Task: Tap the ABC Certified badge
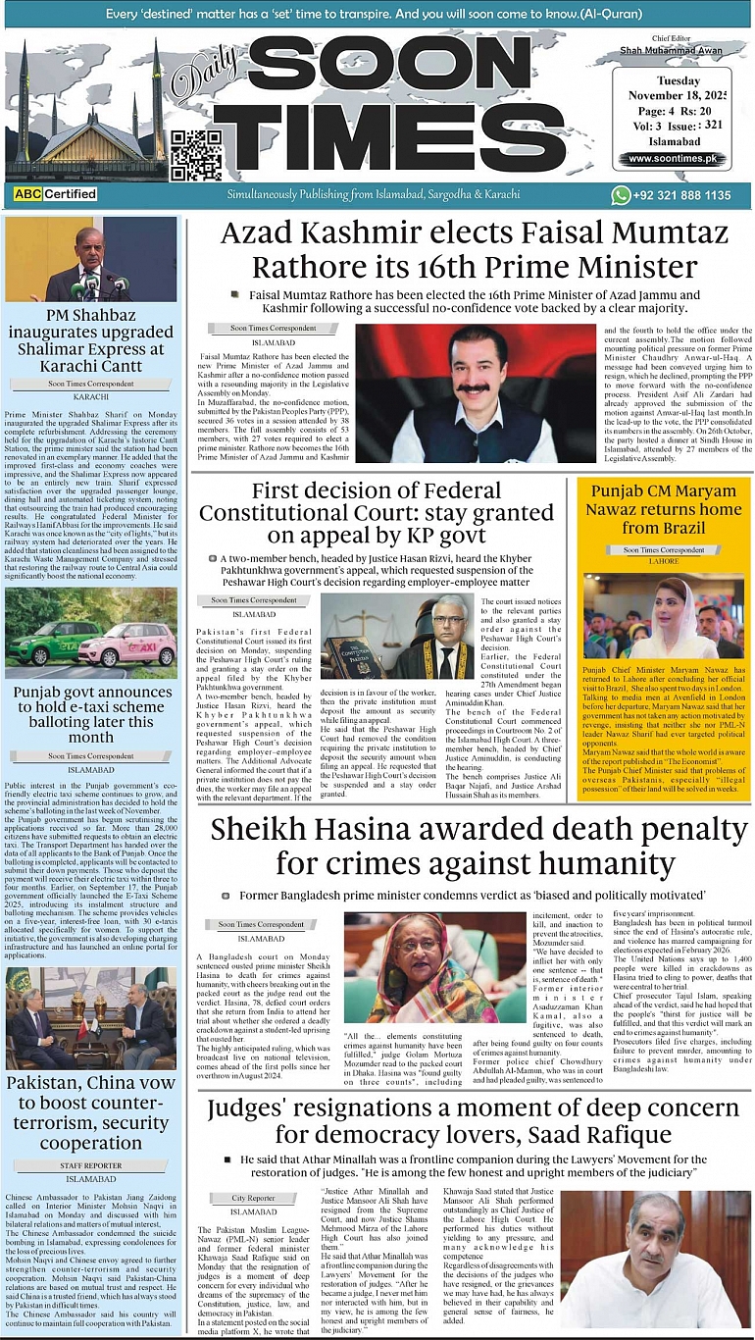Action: coord(56,194)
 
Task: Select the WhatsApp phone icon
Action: coord(621,195)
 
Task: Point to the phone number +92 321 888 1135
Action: coord(682,195)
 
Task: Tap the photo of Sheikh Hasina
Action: coord(422,966)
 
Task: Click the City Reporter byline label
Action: coord(253,1198)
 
